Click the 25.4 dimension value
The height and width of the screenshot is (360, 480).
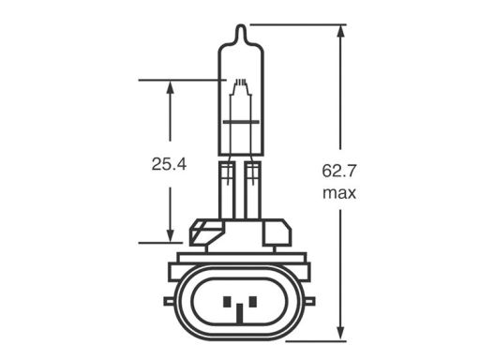coord(169,164)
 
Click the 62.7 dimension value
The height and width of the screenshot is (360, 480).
coord(339,172)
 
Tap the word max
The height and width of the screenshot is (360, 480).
coord(339,193)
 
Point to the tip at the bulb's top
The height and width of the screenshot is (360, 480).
coord(240,25)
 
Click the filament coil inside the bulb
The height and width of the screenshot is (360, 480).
coord(241,82)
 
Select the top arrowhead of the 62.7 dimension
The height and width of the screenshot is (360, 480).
coord(341,31)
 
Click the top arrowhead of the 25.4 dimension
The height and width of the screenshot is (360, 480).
coord(170,87)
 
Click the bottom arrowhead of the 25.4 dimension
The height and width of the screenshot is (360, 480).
coord(170,235)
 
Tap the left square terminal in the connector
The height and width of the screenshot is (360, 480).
coord(227,302)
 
